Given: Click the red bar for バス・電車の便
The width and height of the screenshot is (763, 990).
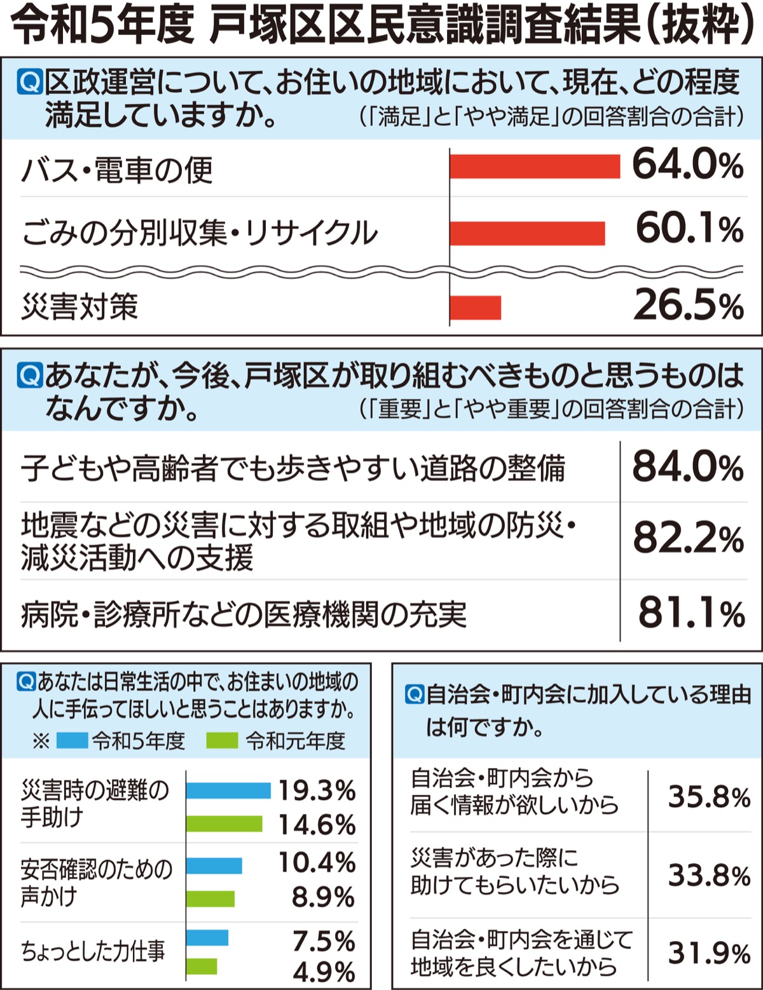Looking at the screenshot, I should (534, 166).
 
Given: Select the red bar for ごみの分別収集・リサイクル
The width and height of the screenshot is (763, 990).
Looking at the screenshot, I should (527, 233).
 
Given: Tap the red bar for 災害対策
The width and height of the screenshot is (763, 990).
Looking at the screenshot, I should (476, 308).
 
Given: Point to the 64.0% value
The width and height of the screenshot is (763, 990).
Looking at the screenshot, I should (687, 165).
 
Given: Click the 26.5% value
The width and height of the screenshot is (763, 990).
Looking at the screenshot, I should (688, 306).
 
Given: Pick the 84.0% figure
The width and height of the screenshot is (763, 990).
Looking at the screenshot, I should (687, 468).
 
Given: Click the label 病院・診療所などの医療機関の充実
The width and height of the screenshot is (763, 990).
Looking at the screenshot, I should (244, 614).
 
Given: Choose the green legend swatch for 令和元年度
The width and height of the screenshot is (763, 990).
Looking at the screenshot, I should (223, 740).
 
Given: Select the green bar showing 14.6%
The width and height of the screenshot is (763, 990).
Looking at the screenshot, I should (224, 824).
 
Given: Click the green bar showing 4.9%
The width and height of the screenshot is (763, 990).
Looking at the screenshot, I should (202, 966).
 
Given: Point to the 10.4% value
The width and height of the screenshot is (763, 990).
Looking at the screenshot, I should (317, 863).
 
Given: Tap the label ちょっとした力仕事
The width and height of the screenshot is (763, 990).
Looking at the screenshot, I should (93, 951).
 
